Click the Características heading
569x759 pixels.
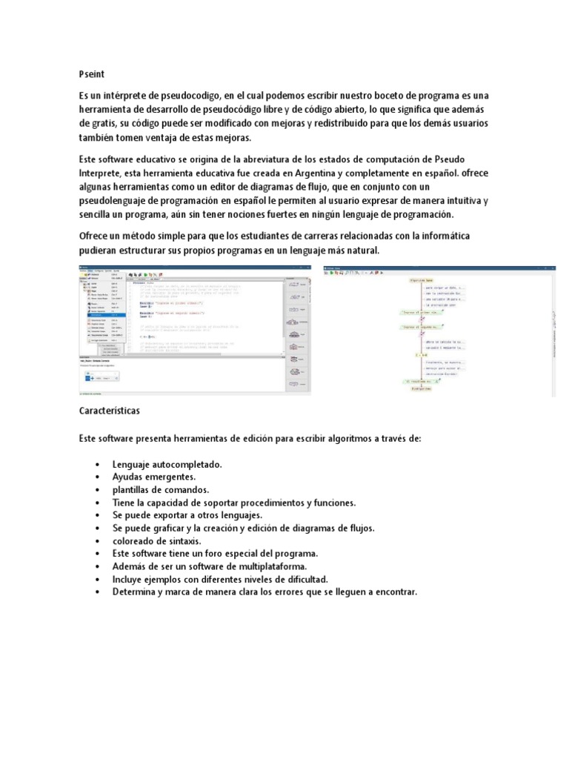coord(109,410)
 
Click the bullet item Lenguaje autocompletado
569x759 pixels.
coord(167,464)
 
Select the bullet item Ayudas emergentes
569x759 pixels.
coord(154,477)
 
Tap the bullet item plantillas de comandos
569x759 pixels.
coord(161,490)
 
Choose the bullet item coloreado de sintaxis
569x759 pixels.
coord(154,541)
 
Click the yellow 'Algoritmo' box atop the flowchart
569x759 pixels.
coord(420,282)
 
